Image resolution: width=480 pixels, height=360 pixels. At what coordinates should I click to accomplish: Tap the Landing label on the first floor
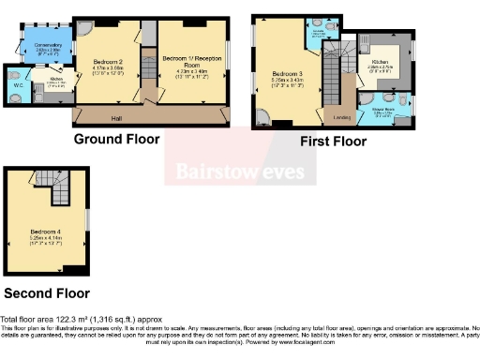[x=341, y=115]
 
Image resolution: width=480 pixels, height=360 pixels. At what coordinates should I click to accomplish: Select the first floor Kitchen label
[x=387, y=61]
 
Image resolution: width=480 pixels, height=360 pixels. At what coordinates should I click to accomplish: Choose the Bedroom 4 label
[x=45, y=230]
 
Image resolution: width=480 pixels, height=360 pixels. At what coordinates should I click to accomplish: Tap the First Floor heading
[x=333, y=141]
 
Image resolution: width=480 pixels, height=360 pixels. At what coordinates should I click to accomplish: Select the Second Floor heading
[x=47, y=293]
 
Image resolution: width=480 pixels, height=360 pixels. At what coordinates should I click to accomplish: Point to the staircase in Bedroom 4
[x=60, y=191]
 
